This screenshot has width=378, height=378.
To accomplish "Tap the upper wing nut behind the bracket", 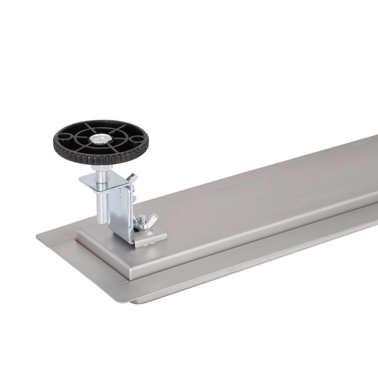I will tap(131, 177).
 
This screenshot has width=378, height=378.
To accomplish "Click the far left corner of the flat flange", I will tap(38, 237).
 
